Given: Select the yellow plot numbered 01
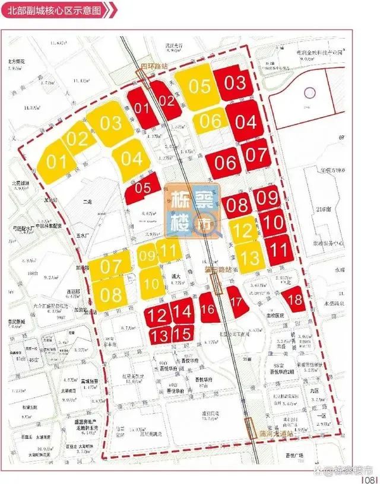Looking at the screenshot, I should click(x=56, y=161).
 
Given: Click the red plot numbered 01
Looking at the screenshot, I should click(x=141, y=108).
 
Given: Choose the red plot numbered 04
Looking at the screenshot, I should click(x=245, y=123).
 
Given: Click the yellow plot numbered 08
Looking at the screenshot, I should click(x=110, y=293).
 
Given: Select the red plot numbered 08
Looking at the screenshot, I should click(x=237, y=206).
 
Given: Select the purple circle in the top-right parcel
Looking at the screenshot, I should click(x=309, y=93).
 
